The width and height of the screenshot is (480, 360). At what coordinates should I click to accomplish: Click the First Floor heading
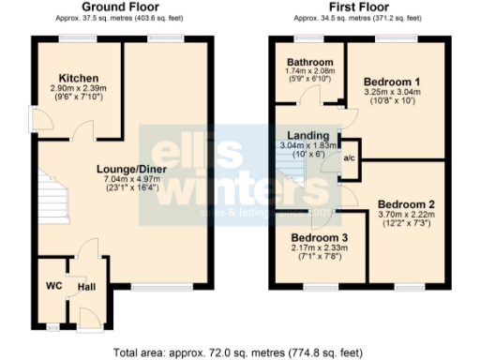(355, 7)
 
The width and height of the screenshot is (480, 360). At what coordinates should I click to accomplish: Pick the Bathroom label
(307, 63)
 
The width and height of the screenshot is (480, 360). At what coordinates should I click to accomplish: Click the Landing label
(308, 135)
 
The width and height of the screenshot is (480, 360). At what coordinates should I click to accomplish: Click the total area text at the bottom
(240, 352)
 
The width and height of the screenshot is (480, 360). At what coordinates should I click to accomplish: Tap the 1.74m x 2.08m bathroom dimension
(307, 72)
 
